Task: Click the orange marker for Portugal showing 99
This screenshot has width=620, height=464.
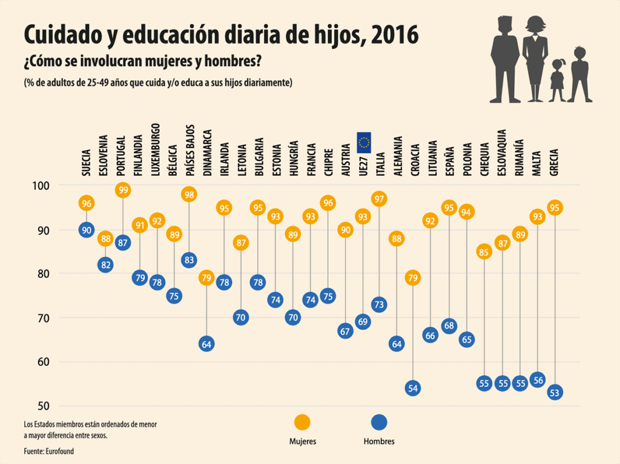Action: coord(123,190)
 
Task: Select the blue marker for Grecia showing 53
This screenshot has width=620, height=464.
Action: coord(555,393)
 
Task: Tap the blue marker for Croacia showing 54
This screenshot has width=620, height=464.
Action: coord(413,388)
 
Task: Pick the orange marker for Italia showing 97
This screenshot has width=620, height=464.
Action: coord(380,198)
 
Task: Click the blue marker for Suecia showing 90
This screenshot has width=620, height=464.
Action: coord(86,229)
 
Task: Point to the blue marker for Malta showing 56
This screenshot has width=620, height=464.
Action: coord(537,380)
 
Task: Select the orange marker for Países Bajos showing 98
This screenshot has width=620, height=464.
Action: coord(189,194)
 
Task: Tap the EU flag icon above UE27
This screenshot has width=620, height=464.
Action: coord(364,142)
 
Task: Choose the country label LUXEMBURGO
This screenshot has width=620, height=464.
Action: coord(156,149)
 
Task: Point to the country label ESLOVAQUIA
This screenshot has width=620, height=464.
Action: coord(502,152)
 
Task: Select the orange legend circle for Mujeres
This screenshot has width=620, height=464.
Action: coord(302,422)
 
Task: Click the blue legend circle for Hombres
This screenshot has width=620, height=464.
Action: coord(379,422)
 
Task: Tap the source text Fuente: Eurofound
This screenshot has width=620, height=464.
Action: coord(49,451)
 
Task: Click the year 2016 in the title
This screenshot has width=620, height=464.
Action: coord(395,34)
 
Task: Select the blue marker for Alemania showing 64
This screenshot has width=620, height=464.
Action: coord(397,344)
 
